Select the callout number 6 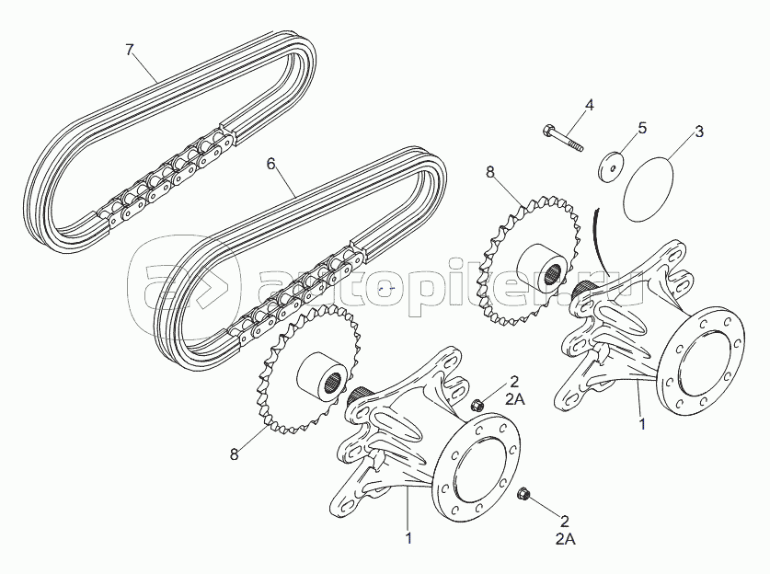click(270, 163)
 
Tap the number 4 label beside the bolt click(590, 105)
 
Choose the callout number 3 click(699, 132)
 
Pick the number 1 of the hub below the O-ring click(641, 425)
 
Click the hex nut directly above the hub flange click(477, 406)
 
